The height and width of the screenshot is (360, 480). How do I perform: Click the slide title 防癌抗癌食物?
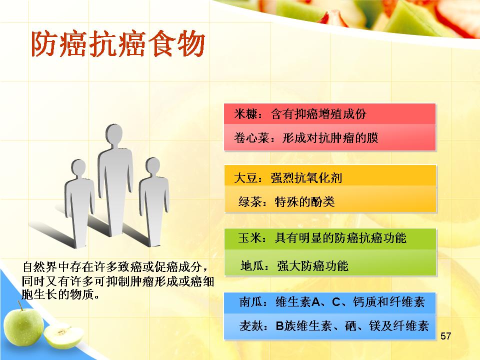(118, 44)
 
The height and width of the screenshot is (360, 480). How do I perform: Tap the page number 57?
(445, 336)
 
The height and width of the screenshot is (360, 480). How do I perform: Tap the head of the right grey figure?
(152, 165)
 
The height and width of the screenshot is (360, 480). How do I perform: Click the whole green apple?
(23, 326)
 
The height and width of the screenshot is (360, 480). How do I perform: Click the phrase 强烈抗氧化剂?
(306, 178)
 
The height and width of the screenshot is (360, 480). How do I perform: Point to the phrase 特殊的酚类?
(304, 201)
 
